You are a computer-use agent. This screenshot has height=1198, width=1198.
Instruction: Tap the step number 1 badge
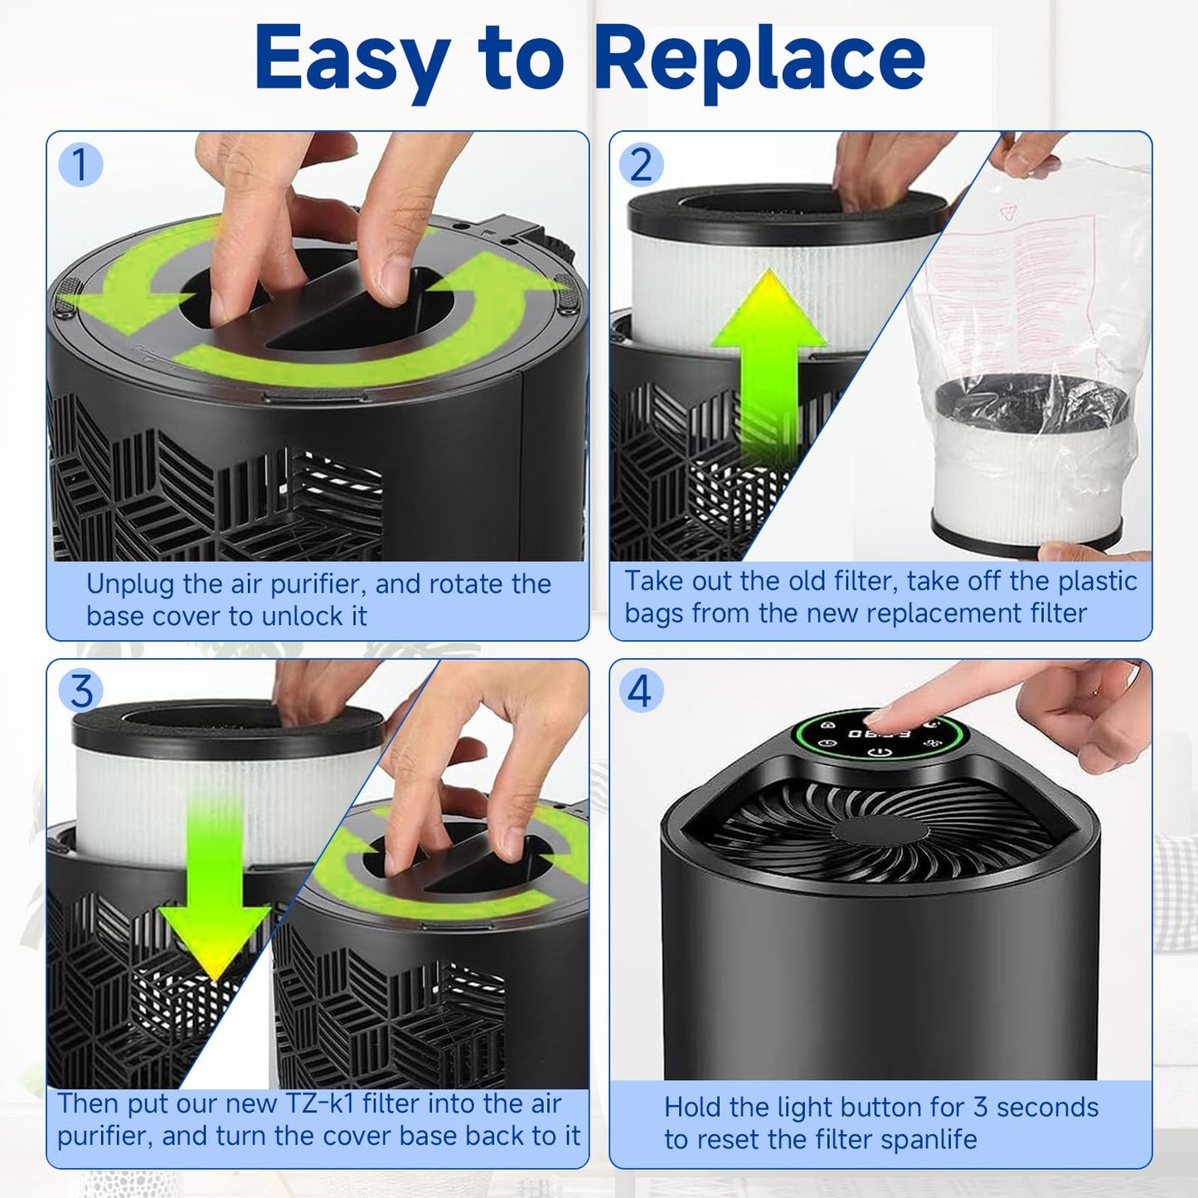(x=80, y=164)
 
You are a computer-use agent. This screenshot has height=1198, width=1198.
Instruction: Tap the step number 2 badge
(x=641, y=164)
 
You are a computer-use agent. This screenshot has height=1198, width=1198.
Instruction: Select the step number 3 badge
(x=80, y=691)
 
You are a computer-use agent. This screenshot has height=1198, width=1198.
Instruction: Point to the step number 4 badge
(x=641, y=691)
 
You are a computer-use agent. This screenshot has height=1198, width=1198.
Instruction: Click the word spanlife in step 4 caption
(x=929, y=1140)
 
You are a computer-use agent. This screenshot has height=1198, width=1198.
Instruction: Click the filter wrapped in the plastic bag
(x=1028, y=464)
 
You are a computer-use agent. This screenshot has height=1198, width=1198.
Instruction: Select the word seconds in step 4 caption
(x=1047, y=1108)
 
